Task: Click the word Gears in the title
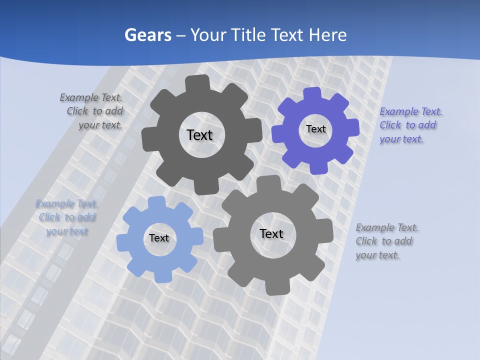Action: click(x=147, y=35)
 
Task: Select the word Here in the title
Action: click(x=328, y=35)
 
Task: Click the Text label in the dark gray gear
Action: click(x=199, y=135)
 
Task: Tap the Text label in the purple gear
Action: click(x=315, y=129)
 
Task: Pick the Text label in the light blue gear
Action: click(x=159, y=238)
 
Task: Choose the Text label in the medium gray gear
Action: click(x=271, y=233)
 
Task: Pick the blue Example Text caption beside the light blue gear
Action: click(x=67, y=217)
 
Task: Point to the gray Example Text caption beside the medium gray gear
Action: click(x=386, y=241)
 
